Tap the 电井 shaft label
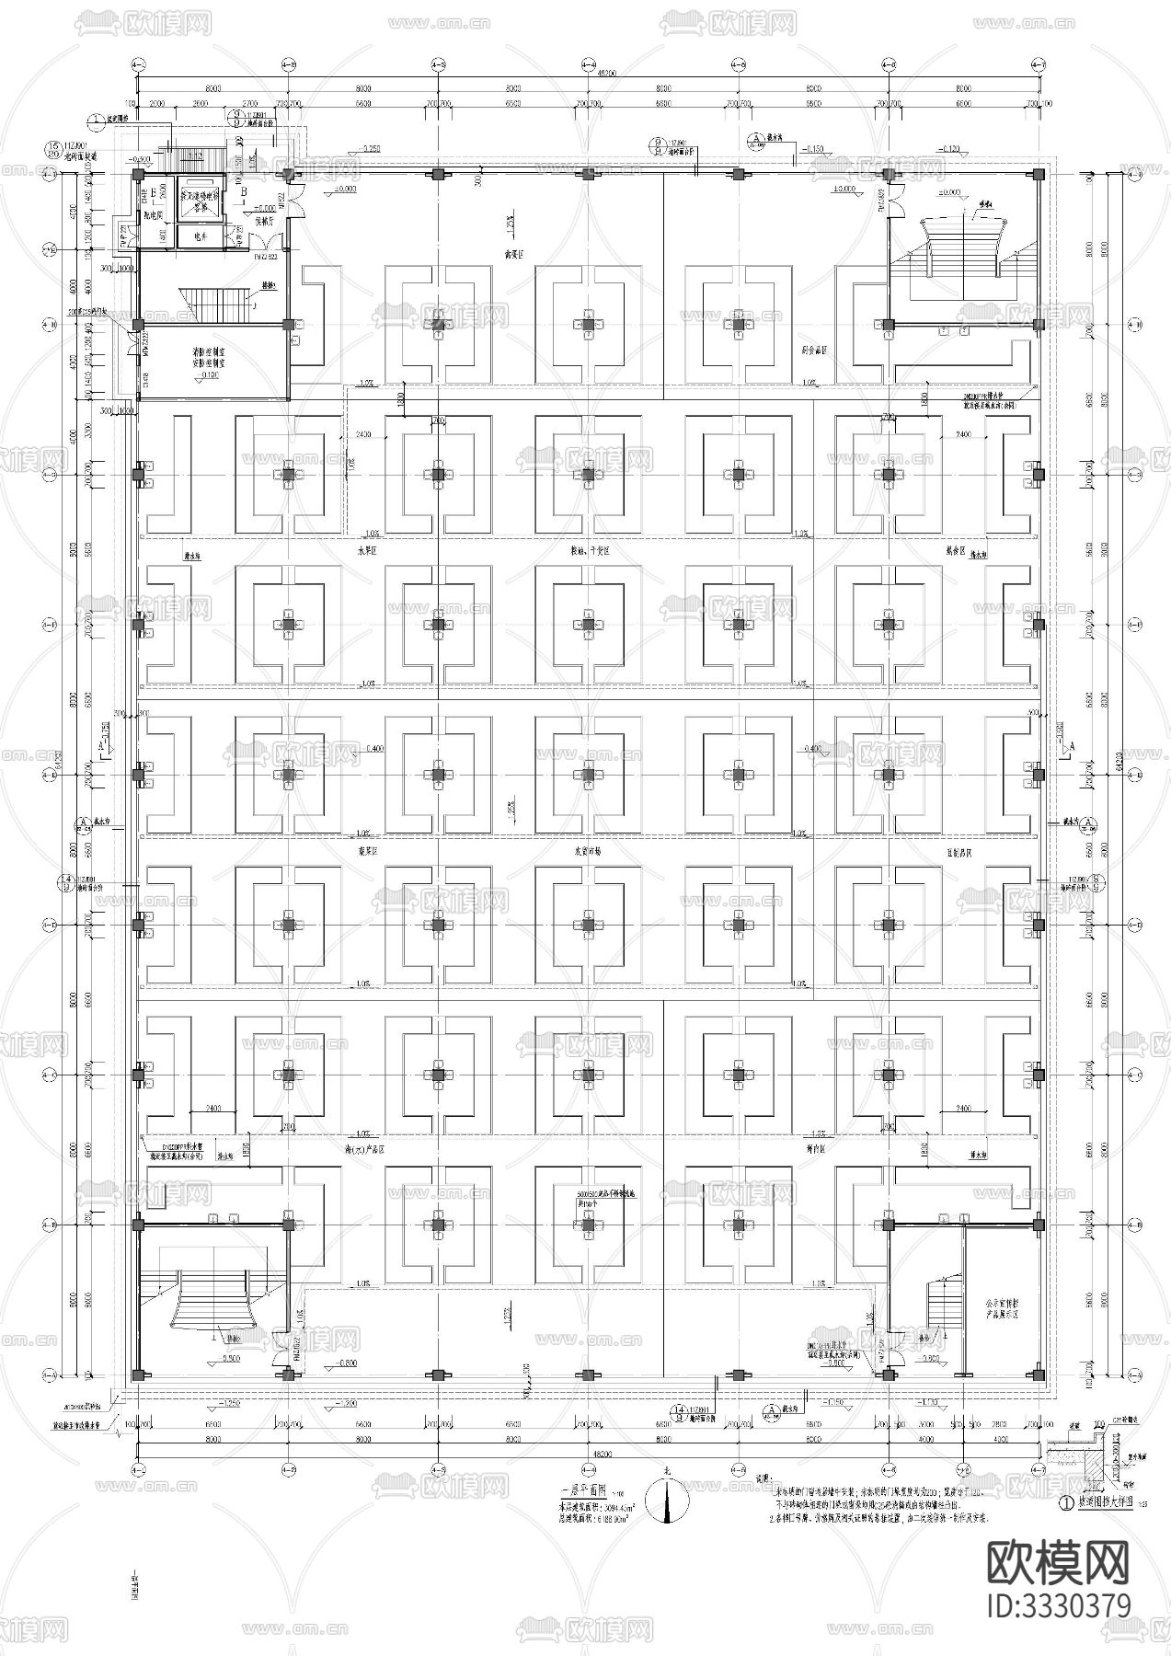click(197, 236)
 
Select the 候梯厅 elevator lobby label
click(253, 221)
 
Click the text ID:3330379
click(1058, 1605)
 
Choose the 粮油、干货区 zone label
click(589, 550)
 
